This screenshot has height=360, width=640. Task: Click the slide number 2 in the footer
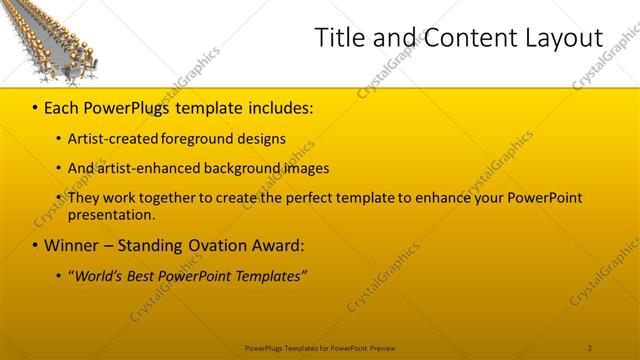(590, 347)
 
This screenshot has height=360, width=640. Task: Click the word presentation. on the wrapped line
(112, 214)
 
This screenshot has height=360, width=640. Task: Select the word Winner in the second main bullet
(70, 245)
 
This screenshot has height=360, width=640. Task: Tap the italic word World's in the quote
(102, 276)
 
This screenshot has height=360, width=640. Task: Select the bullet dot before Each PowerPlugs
(35, 106)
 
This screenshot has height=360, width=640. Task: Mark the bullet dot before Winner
(35, 246)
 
